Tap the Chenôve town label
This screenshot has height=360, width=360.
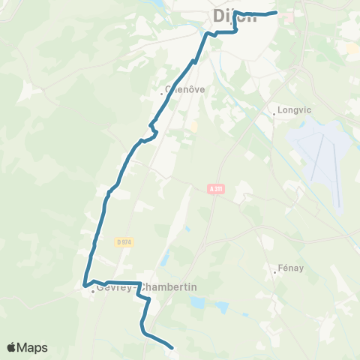pyautogui.click(x=185, y=90)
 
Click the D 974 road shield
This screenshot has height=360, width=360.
pyautogui.click(x=124, y=241)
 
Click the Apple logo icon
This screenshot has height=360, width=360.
pyautogui.click(x=13, y=347)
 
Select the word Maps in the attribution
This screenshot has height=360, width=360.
pyautogui.click(x=33, y=347)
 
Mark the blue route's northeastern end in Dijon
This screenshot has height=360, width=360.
pyautogui.click(x=277, y=12)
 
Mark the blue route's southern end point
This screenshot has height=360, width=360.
pyautogui.click(x=172, y=347)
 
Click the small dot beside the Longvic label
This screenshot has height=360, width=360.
pyautogui.click(x=274, y=114)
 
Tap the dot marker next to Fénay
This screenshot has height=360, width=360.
pyautogui.click(x=274, y=271)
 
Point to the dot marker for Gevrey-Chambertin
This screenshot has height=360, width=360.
pyautogui.click(x=93, y=292)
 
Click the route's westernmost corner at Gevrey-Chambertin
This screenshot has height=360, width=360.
pyautogui.click(x=84, y=284)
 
